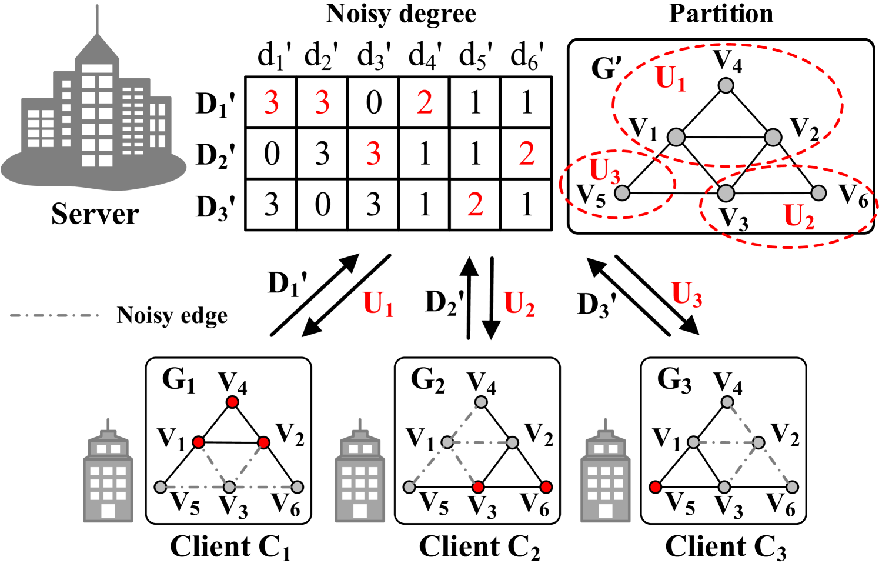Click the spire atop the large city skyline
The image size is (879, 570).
[97, 21]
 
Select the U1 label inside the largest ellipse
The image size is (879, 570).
[670, 79]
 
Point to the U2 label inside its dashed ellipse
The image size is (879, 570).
[798, 217]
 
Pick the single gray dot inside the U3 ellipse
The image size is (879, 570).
[622, 193]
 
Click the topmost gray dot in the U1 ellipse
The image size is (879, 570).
[726, 85]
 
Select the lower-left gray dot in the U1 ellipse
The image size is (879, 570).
[676, 137]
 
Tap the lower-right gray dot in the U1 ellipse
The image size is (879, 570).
[773, 138]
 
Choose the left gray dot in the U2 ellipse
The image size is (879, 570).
[726, 193]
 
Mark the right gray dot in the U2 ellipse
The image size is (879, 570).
[818, 193]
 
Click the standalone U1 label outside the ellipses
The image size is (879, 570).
[378, 304]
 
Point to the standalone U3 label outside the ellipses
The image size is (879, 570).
[687, 294]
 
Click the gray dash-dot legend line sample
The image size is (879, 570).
[55, 315]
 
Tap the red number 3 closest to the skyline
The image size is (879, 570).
[271, 103]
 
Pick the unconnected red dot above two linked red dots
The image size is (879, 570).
[232, 402]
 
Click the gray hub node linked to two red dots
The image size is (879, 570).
[229, 487]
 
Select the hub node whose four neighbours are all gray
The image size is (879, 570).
[758, 442]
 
